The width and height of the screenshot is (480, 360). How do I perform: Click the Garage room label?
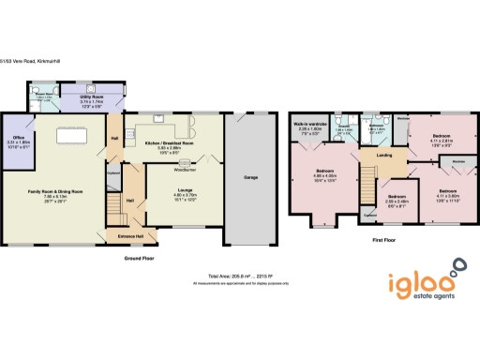(250, 177)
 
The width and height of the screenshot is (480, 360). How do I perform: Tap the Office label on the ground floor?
(17, 139)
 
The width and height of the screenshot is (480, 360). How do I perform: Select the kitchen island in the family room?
(72, 136)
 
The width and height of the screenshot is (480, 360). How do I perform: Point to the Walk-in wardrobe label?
(308, 125)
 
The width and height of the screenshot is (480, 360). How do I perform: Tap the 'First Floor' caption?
(371, 241)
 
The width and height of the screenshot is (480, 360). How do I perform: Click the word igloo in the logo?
(421, 278)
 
